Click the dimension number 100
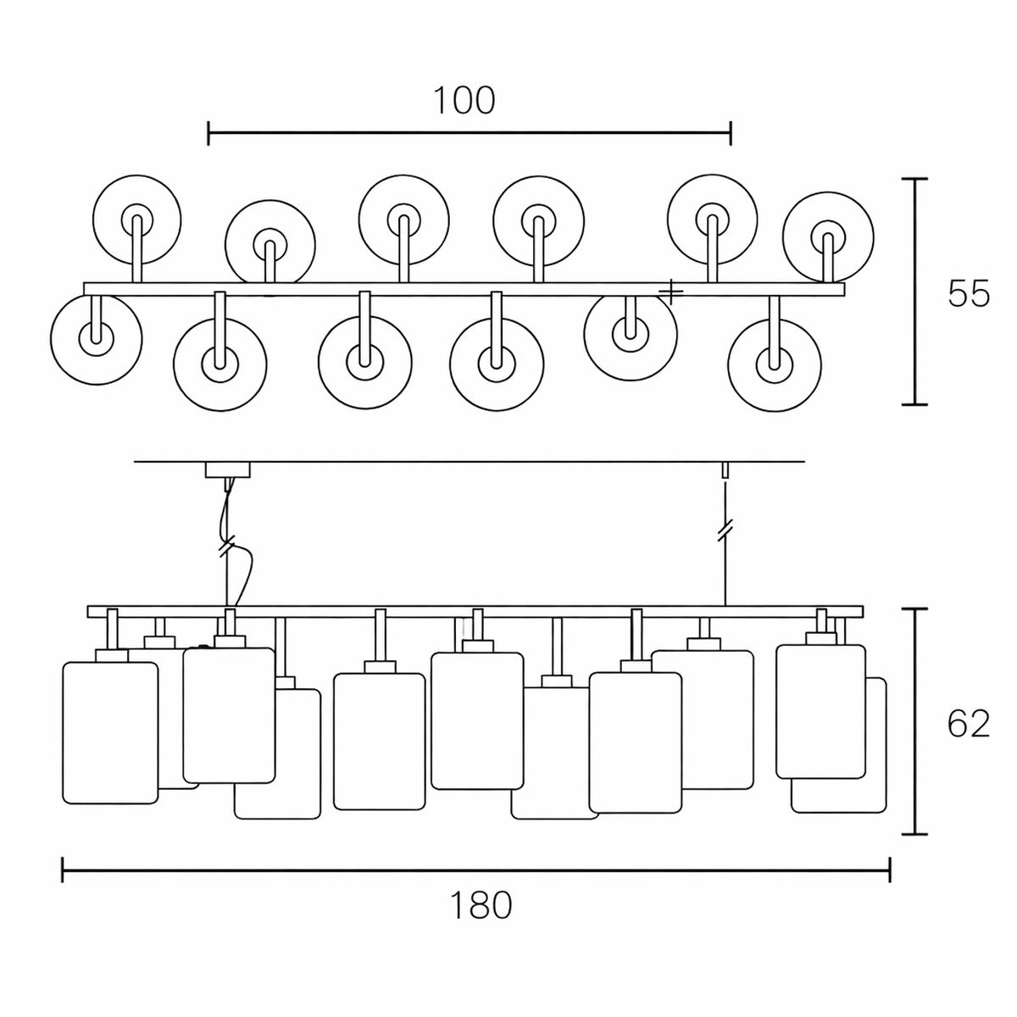[x=464, y=101]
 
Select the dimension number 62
[x=968, y=724]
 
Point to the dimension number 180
[x=481, y=906]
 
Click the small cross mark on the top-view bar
[x=670, y=292]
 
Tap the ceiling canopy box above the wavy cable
[x=229, y=470]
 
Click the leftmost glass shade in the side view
[x=110, y=731]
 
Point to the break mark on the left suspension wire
[x=226, y=547]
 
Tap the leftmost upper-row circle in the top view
[x=136, y=219]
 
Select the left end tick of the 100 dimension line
[x=208, y=132]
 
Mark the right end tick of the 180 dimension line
[x=889, y=870]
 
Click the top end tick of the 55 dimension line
[x=914, y=180]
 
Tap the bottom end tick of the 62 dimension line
[x=914, y=834]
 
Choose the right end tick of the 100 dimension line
[x=731, y=132]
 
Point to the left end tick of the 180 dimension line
[x=63, y=870]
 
